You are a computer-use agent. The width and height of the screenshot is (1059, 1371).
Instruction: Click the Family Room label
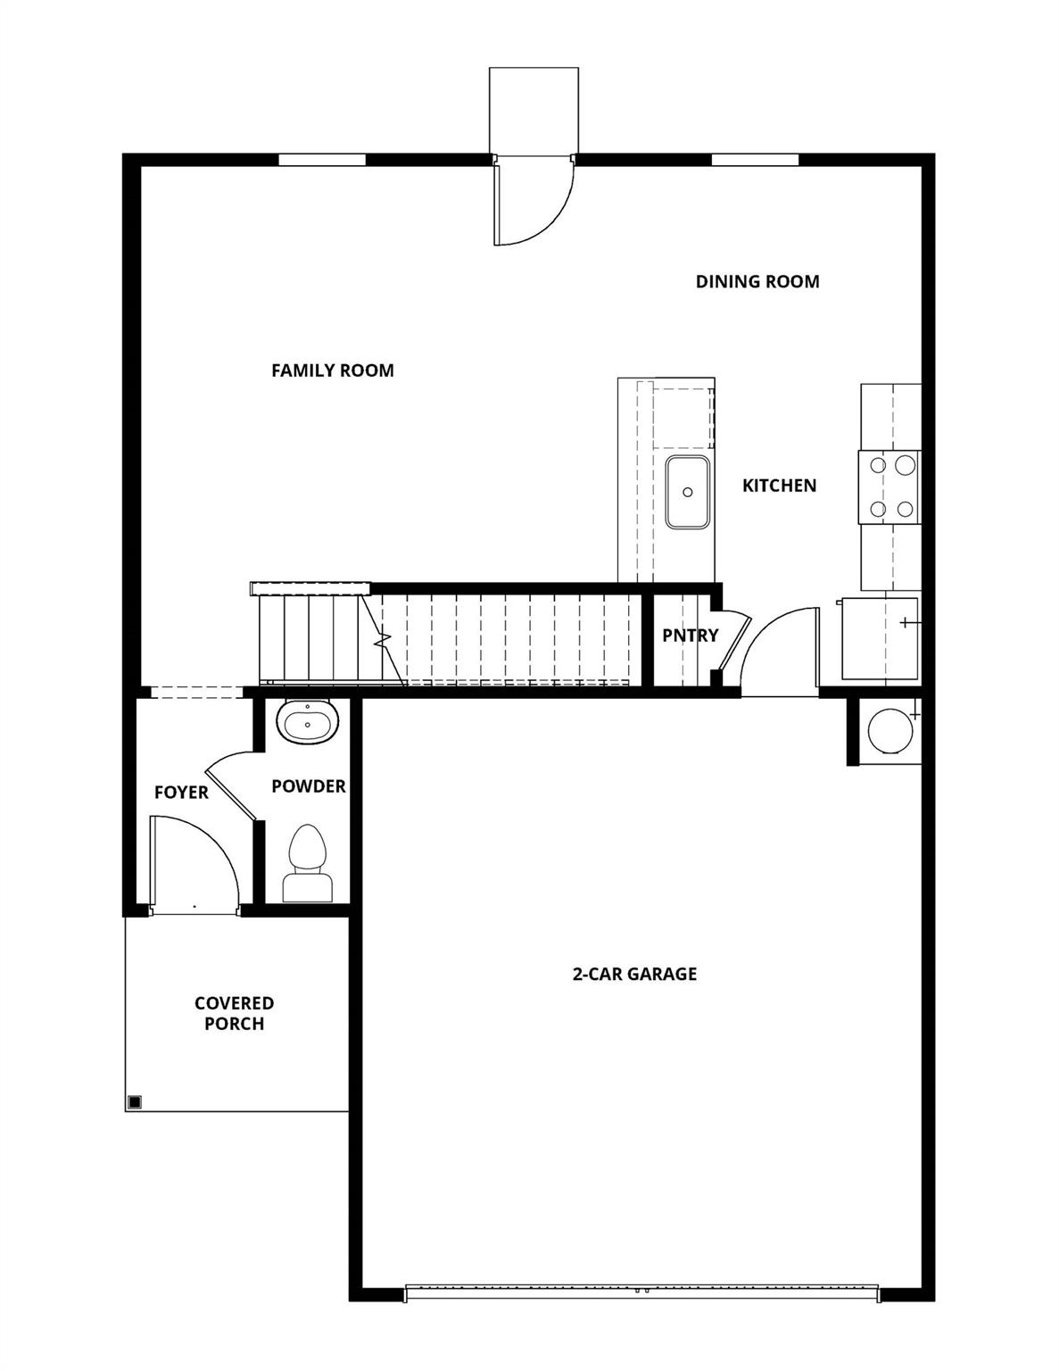332,370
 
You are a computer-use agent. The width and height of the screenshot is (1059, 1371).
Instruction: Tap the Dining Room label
757,282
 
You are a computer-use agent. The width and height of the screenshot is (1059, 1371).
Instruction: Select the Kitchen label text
779,486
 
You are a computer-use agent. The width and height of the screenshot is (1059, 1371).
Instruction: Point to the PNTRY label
690,636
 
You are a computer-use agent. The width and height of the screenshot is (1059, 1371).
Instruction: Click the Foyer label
181,793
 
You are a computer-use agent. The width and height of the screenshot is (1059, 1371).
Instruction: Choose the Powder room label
309,786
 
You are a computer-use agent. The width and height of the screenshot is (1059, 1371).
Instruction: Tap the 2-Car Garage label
634,974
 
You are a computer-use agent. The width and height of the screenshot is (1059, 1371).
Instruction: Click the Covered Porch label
234,1014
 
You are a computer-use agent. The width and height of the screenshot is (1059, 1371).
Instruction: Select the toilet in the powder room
309,861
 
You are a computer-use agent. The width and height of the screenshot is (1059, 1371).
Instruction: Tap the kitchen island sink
688,492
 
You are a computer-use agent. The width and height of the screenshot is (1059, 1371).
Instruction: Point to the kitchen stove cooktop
889,486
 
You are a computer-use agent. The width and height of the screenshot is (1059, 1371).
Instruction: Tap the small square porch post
134,1101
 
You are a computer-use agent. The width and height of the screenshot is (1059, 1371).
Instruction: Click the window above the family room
322,161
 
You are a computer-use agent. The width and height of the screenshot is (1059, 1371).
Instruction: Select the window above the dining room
755,161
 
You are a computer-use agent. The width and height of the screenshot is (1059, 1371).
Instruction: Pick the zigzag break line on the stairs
385,639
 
